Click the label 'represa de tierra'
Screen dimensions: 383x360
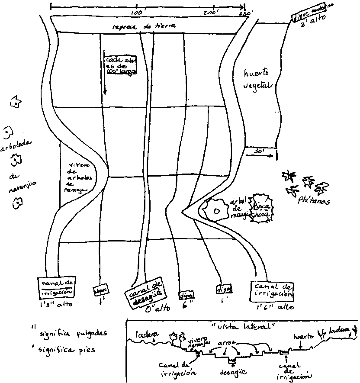coord(144,26)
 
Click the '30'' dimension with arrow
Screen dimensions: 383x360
coord(260,152)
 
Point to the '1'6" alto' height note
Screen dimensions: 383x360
coord(274,307)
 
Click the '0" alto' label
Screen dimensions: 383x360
coord(156,308)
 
